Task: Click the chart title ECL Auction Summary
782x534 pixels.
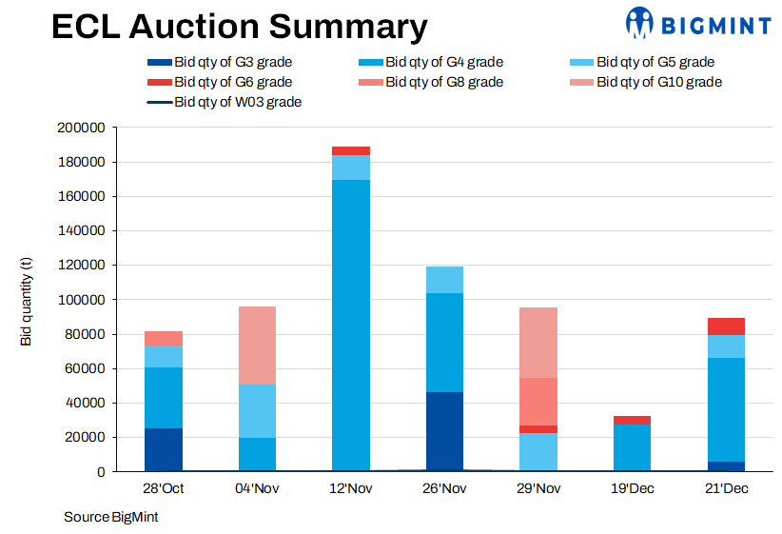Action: [x=238, y=27]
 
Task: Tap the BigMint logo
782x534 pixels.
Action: [x=697, y=23]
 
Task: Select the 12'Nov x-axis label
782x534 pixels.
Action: [x=350, y=489]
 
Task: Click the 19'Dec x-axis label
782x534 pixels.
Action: [x=632, y=489]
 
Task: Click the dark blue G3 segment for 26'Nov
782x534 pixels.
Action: [x=444, y=431]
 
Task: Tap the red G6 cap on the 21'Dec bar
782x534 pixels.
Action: [x=726, y=326]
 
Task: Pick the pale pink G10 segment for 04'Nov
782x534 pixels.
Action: [x=257, y=346]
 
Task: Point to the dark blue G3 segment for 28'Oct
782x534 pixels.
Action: [x=164, y=449]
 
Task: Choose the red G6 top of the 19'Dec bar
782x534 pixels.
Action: [x=632, y=420]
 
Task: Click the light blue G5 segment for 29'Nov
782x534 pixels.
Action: [x=538, y=452]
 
